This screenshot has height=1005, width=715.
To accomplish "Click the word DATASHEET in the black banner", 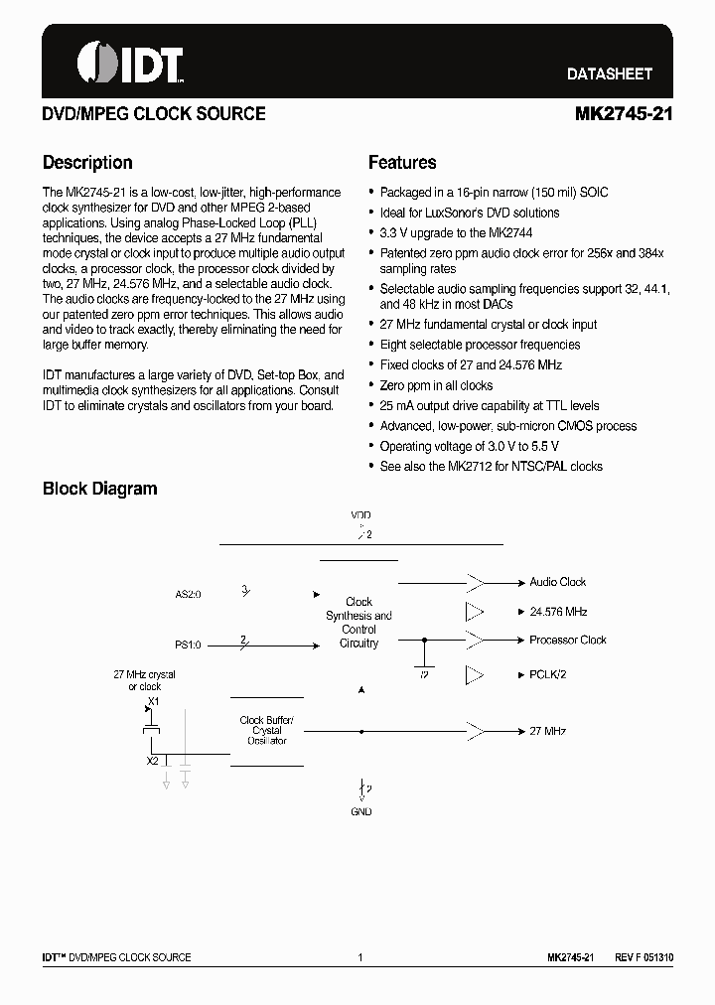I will tap(609, 74).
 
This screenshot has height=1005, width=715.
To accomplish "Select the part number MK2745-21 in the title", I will tap(624, 114).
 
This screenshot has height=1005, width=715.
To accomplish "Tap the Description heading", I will tap(87, 163).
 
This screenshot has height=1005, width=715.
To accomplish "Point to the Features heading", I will tap(402, 163).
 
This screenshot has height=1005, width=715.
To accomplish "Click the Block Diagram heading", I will tap(99, 489).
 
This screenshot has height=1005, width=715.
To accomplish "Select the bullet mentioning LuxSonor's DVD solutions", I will tap(470, 213).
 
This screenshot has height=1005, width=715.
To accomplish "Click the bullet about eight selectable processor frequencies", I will tap(481, 345).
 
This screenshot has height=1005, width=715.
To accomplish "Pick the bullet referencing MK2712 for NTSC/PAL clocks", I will tap(492, 466).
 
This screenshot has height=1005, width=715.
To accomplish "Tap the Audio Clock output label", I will tap(558, 582).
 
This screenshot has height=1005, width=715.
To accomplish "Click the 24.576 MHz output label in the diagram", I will tap(558, 612).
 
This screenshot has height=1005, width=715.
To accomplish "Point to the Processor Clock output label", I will tap(567, 640).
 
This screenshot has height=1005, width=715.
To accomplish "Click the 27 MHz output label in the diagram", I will tap(548, 731).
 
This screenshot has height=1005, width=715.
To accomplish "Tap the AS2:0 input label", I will tap(188, 595).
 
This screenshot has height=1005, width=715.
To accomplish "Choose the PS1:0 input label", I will tap(188, 645).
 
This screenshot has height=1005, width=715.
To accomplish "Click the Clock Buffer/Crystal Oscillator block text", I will tap(267, 731).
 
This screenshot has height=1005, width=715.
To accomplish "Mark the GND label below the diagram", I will tap(361, 811).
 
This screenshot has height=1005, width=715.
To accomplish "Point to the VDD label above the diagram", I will tap(360, 516).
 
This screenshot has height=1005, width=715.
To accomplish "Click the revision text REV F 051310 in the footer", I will tap(643, 957).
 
